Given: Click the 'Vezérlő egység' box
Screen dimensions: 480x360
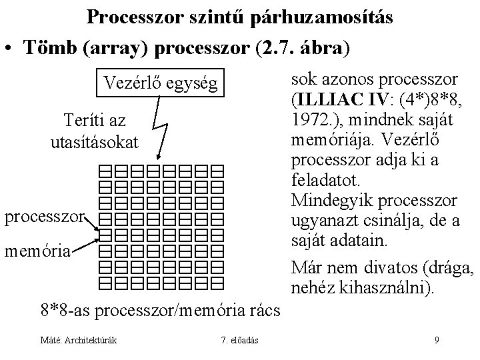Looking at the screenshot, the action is click(159, 84).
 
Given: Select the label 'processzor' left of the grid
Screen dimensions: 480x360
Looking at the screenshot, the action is click(45, 217).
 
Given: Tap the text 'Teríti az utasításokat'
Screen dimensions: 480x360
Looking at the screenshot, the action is click(95, 131).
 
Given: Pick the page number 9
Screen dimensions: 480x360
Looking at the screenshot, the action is click(437, 341).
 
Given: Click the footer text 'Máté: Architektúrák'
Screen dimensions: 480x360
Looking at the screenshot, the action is click(79, 341).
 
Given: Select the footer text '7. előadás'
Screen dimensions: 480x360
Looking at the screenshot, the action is click(241, 341).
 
